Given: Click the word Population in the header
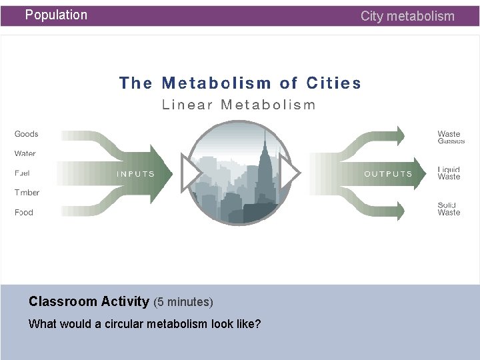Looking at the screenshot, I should click(x=56, y=15).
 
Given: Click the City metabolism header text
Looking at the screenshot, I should click(x=407, y=16).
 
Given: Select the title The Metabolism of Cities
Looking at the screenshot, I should click(x=240, y=83).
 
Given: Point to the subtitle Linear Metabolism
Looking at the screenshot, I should click(x=239, y=105).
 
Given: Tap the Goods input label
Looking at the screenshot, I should click(x=27, y=134).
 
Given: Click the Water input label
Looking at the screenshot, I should click(x=25, y=153).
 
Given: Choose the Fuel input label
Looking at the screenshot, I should click(x=22, y=173).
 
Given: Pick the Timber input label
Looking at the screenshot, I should click(x=27, y=193).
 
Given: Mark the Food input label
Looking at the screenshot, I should click(x=24, y=213).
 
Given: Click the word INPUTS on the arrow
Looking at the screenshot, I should click(x=136, y=174).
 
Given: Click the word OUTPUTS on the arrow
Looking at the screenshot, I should click(x=388, y=174).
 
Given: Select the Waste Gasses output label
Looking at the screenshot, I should click(x=451, y=137).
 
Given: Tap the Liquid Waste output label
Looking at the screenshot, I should click(x=449, y=173).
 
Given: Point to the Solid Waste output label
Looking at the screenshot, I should click(x=449, y=209).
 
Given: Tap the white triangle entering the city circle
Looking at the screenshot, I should click(x=191, y=172).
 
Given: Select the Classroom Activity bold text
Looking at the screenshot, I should click(x=89, y=301).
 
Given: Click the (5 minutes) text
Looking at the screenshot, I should click(x=183, y=302).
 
